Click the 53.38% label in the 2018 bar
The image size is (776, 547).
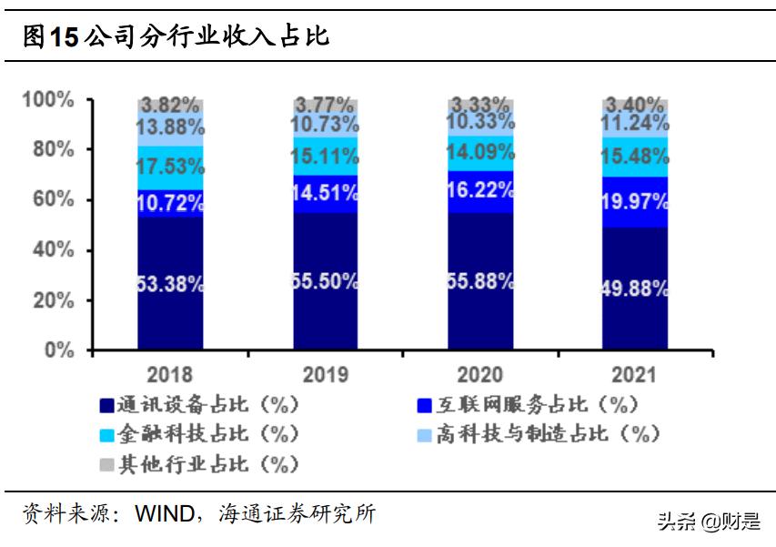(x=170, y=284)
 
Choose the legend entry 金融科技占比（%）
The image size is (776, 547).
(x=199, y=433)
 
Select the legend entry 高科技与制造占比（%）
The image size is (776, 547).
(x=538, y=433)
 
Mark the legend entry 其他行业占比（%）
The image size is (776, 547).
(x=199, y=464)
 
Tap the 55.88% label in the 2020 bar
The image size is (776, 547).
(x=479, y=281)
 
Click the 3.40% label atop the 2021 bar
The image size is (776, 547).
(x=634, y=104)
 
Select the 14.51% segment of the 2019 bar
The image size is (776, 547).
(x=325, y=193)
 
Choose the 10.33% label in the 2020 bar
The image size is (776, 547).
(x=479, y=124)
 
